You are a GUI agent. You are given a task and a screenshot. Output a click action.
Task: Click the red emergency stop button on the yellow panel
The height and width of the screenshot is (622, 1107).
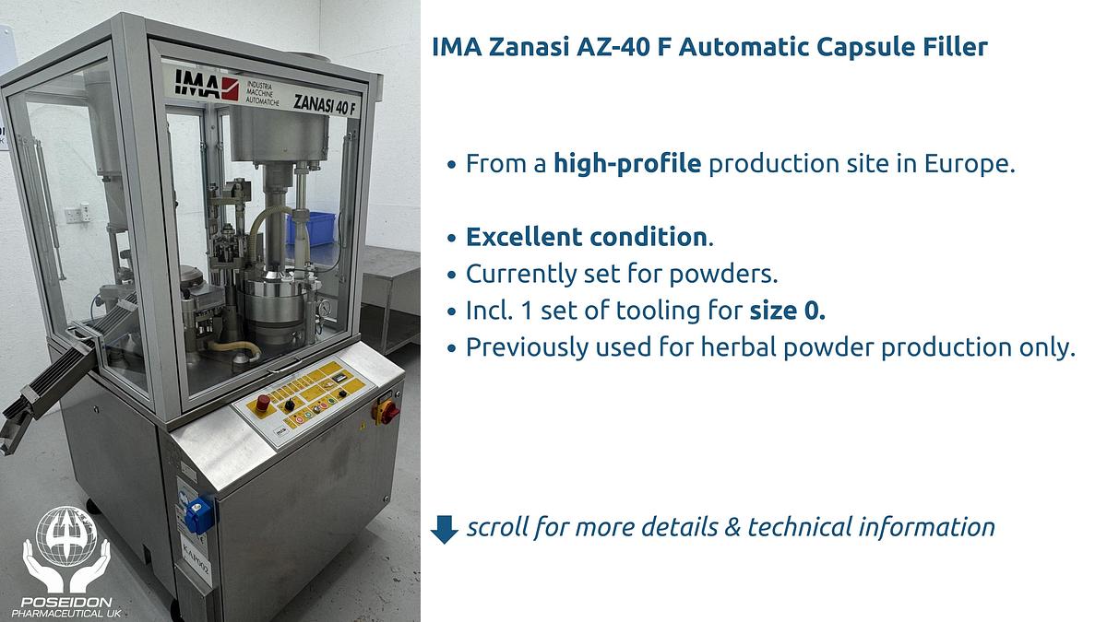coord(262,402)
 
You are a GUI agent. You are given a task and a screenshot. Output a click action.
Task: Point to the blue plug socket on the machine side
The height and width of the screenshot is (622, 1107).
coord(196,514)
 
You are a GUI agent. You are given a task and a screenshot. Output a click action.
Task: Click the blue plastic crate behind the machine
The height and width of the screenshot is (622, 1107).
coord(310,227)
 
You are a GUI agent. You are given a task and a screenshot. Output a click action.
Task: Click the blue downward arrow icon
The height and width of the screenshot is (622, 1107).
coord(445,528)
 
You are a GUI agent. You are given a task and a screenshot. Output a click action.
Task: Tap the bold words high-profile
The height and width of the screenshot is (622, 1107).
coord(627,165)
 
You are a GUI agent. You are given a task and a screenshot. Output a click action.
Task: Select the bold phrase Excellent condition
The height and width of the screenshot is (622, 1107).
coord(586,237)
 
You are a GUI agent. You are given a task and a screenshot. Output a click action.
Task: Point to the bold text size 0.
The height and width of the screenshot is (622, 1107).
coord(787,311)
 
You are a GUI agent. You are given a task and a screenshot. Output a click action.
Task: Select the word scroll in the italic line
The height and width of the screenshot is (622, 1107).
coord(497,527)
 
